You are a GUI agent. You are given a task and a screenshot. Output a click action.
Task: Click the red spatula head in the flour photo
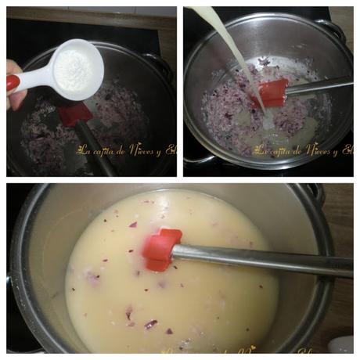[x=75, y=113]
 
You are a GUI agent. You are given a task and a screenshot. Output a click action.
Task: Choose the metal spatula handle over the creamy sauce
[x=258, y=260]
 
